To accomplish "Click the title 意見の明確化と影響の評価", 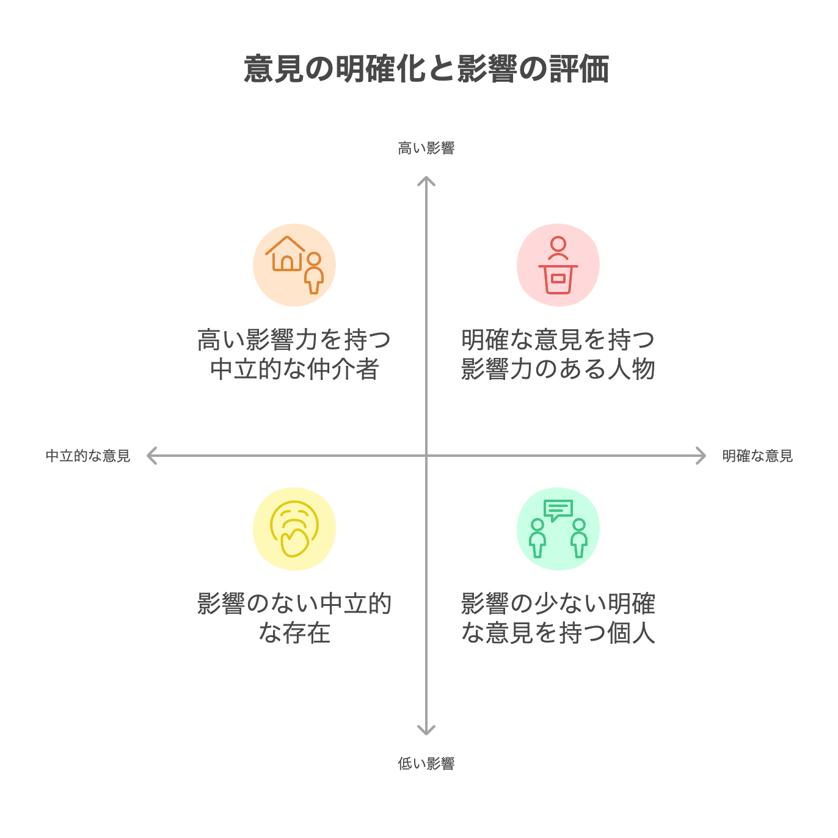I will pyautogui.click(x=426, y=68).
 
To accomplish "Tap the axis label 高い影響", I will pyautogui.click(x=426, y=148).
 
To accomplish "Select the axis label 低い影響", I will pyautogui.click(x=426, y=763).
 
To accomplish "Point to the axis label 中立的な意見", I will pyautogui.click(x=88, y=456).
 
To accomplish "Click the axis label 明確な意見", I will pyautogui.click(x=757, y=456).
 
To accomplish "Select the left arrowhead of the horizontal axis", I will pyautogui.click(x=151, y=456).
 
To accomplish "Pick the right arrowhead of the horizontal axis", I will pyautogui.click(x=702, y=456).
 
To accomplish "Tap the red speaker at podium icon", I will pyautogui.click(x=558, y=265).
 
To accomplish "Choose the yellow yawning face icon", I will pyautogui.click(x=294, y=529).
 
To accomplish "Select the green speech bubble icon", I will pyautogui.click(x=558, y=510).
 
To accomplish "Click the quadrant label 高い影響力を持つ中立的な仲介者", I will pyautogui.click(x=294, y=354).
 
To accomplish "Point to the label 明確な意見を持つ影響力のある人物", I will pyautogui.click(x=558, y=354).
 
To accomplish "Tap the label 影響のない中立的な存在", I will pyautogui.click(x=294, y=618).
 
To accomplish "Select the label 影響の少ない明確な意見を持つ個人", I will pyautogui.click(x=558, y=618).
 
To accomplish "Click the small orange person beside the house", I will pyautogui.click(x=314, y=273).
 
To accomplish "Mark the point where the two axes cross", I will pyautogui.click(x=426, y=456).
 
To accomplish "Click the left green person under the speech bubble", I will pyautogui.click(x=537, y=537).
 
